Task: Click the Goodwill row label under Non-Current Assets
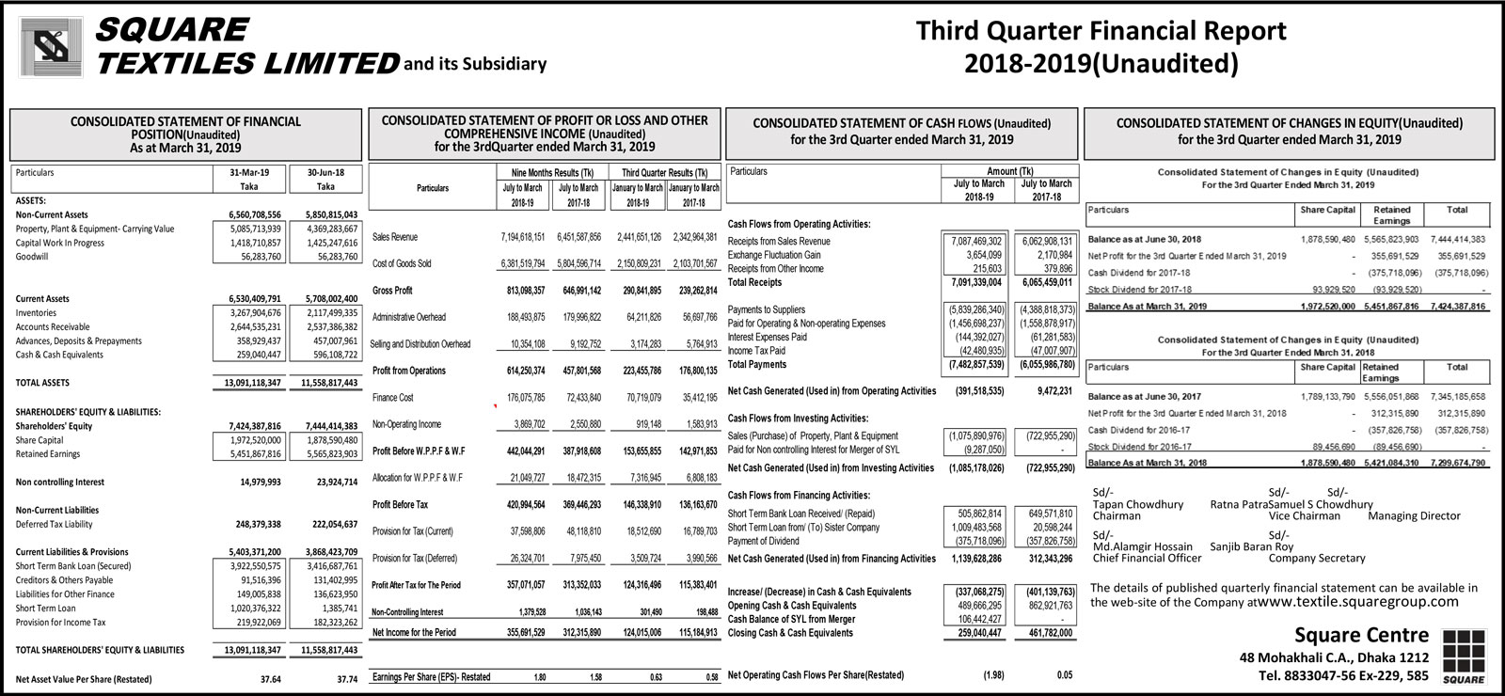[33, 257]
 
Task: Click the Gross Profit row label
[393, 291]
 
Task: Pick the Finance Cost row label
[393, 398]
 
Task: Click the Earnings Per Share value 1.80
[539, 677]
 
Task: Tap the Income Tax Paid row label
[756, 351]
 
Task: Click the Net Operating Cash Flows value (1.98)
[992, 675]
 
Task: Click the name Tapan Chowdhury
[1138, 504]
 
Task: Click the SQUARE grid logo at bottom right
[1464, 656]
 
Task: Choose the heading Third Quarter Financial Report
[1101, 31]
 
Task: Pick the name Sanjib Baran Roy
[1251, 546]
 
